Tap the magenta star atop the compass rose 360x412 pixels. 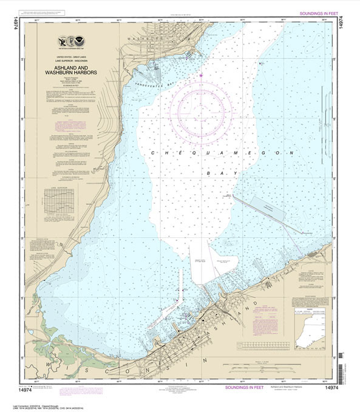click(201, 75)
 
